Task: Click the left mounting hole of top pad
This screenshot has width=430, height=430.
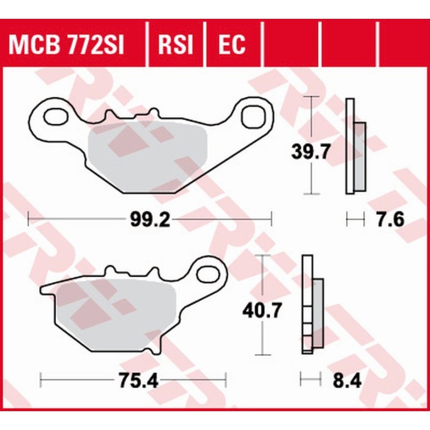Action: [x=52, y=116]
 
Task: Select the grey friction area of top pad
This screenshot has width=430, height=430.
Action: [x=148, y=156]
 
